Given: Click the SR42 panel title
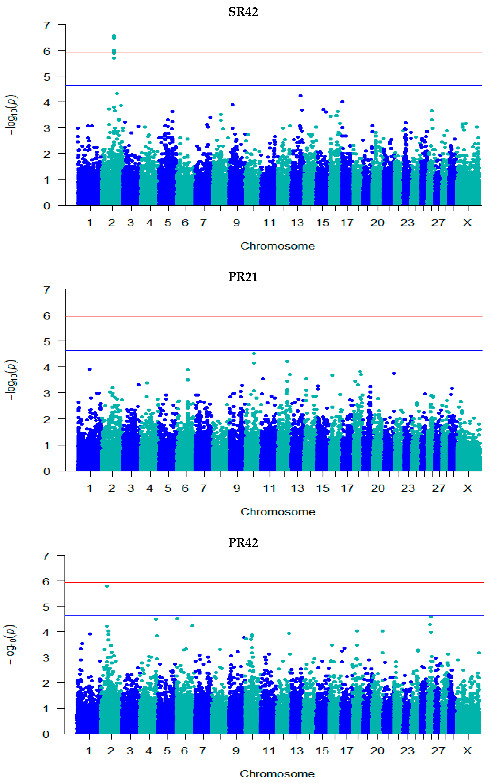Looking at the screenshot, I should pyautogui.click(x=243, y=12).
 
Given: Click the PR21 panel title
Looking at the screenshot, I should pyautogui.click(x=243, y=277).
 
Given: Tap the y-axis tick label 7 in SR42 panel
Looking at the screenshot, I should pyautogui.click(x=47, y=25).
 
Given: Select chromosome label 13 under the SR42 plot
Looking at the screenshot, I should pyautogui.click(x=297, y=223).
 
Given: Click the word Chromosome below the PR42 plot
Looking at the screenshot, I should pyautogui.click(x=277, y=774).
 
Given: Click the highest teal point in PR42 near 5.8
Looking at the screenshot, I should pyautogui.click(x=107, y=586).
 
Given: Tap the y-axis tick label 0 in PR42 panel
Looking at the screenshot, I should pyautogui.click(x=46, y=734).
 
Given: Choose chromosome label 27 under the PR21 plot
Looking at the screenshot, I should pyautogui.click(x=438, y=488).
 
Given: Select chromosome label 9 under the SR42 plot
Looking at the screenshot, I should pyautogui.click(x=237, y=223).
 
